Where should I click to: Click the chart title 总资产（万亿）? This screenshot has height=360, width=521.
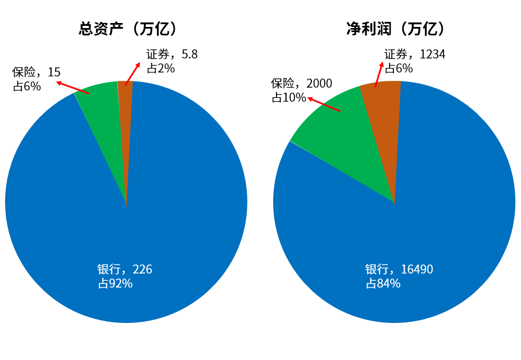[x=128, y=29]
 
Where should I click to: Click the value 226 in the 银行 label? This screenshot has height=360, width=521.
[x=143, y=270]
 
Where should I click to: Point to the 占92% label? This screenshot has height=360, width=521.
[x=115, y=284]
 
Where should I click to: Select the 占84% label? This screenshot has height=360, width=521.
[x=383, y=284]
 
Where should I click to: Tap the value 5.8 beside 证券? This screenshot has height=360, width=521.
[x=189, y=55]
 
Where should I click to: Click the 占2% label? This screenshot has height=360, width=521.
[x=161, y=69]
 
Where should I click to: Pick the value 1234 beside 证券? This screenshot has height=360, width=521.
[x=432, y=55]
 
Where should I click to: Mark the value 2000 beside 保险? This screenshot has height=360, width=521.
[x=319, y=84]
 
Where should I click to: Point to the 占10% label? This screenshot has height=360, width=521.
[x=289, y=98]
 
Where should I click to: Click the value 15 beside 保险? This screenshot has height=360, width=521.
[x=55, y=72]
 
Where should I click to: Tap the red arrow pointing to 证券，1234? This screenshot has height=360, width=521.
[x=379, y=74]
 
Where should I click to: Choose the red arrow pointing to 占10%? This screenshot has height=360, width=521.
[x=324, y=104]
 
